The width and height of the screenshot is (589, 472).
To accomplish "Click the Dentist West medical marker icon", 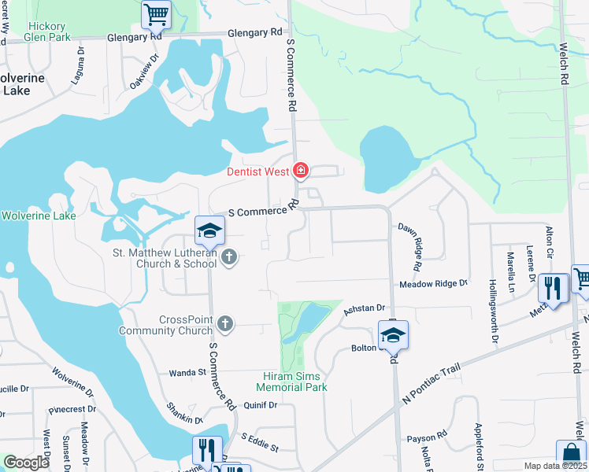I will (x=300, y=170).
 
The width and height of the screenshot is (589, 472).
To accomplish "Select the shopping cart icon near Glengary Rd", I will (x=156, y=13).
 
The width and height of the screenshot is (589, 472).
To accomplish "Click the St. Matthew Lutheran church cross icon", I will (x=229, y=257).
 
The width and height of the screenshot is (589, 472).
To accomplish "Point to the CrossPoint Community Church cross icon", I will (x=225, y=323).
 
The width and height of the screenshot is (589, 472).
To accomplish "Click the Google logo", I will (x=26, y=463).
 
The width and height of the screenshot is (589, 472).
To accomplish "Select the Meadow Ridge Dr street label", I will (x=433, y=283).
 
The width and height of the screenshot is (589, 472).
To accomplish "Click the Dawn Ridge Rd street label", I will (x=413, y=240).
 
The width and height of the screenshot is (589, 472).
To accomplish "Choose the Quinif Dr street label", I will (x=261, y=405).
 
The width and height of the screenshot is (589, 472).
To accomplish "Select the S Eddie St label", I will (x=260, y=441).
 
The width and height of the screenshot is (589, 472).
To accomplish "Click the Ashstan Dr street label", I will (x=363, y=309).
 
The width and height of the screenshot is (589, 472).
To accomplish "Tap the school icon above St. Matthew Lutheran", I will (x=210, y=230).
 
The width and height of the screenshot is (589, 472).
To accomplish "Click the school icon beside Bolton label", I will (x=393, y=334).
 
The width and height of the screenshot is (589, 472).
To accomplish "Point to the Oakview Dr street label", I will (x=144, y=72).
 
